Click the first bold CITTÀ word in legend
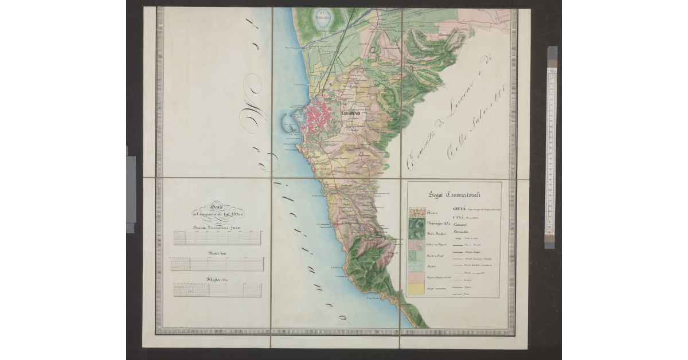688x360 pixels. [x=460, y=209]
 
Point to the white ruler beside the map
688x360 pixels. [x=551, y=149]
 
